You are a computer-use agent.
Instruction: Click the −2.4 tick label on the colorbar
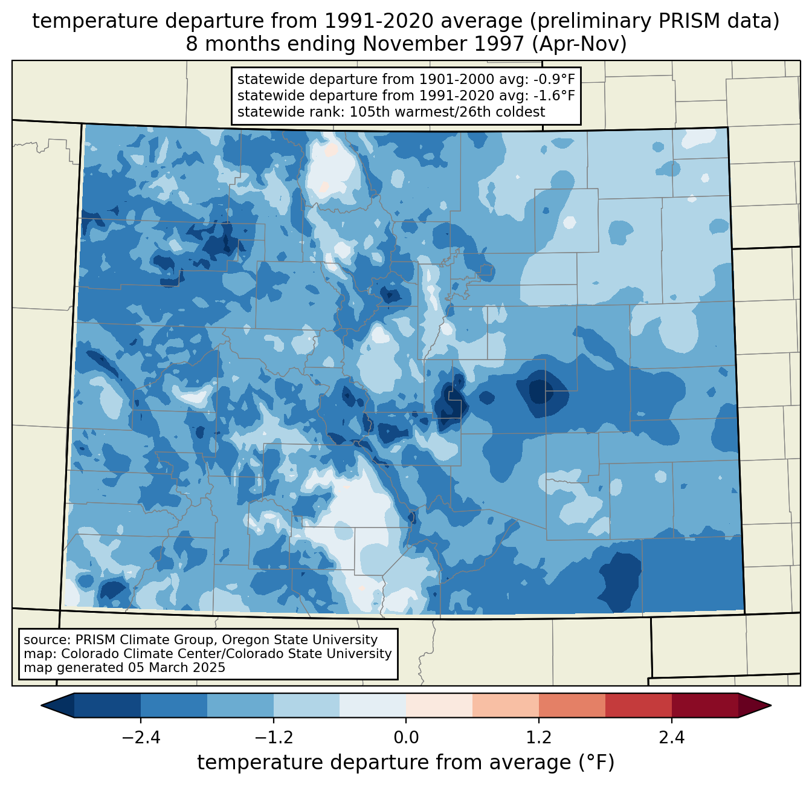140,738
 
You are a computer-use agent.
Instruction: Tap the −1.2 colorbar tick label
273,738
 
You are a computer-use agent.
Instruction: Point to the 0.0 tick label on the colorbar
406,738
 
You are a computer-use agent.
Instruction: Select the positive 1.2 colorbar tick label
539,738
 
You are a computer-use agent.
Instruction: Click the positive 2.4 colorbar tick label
672,738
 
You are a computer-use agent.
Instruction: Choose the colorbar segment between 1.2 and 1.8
572,705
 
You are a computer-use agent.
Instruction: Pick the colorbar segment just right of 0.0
439,705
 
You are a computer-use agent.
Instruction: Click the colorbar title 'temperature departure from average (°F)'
406,763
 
